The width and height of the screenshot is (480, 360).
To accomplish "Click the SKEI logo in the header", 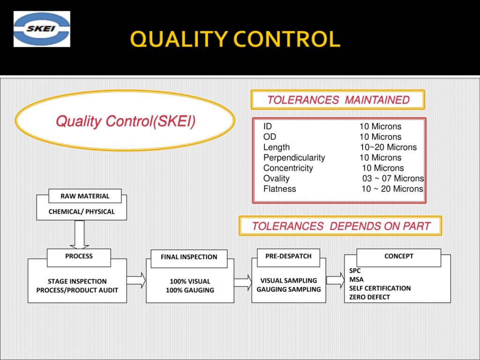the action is pos(42,29).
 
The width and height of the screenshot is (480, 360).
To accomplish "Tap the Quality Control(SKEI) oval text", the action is pos(126,121).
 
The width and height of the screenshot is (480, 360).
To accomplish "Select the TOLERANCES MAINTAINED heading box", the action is pos(338,100).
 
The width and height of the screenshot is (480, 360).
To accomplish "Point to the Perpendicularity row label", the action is pos(294,157).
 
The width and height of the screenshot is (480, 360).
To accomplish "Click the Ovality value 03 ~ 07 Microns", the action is pos(393,178).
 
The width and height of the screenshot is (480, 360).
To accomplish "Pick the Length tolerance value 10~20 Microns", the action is pos(389,147).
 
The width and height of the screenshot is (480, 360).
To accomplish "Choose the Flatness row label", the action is pos(279,188).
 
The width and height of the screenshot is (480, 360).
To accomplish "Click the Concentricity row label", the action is pos(288,168).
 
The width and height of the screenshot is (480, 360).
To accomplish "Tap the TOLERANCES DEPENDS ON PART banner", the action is pos(340,226).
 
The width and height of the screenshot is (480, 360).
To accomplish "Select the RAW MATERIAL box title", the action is pos(85,196).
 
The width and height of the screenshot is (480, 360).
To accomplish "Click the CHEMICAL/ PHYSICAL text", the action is pos(82,211).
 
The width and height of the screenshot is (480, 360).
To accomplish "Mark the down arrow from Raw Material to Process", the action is pos(79,234).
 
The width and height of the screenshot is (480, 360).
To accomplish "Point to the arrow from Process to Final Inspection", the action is pos(136,280).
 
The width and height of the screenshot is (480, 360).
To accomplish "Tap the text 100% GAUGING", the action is pos(190,290).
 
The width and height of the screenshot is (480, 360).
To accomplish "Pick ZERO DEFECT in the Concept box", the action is pos(369,297).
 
